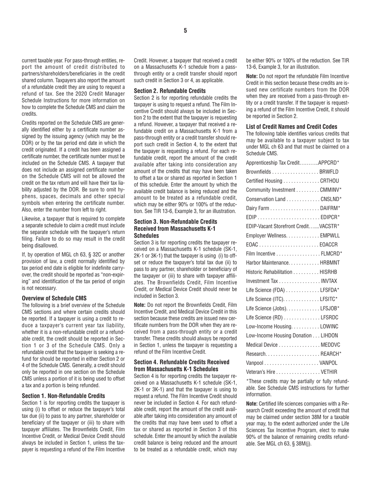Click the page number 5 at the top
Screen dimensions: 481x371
185,31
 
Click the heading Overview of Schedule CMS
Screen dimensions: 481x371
54,298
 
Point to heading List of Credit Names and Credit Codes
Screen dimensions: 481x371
292,126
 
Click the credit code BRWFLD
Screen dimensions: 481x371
329,172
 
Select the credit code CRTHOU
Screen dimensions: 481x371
329,181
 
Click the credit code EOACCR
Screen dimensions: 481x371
328,244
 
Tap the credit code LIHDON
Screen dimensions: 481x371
329,335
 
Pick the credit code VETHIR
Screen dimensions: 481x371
328,372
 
